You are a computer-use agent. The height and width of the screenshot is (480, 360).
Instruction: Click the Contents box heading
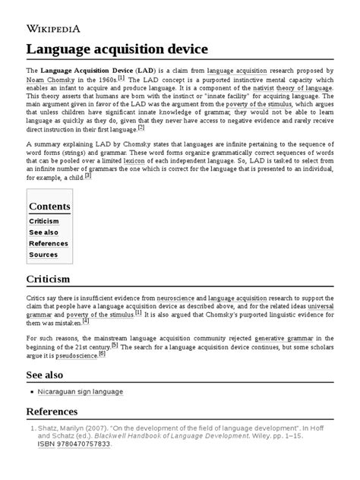(49, 207)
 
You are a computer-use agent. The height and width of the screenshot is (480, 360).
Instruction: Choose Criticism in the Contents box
(44, 221)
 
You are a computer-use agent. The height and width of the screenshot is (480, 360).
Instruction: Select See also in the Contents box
(44, 232)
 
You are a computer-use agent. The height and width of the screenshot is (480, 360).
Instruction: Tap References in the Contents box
(48, 244)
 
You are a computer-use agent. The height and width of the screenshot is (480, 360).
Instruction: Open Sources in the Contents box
(43, 255)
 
